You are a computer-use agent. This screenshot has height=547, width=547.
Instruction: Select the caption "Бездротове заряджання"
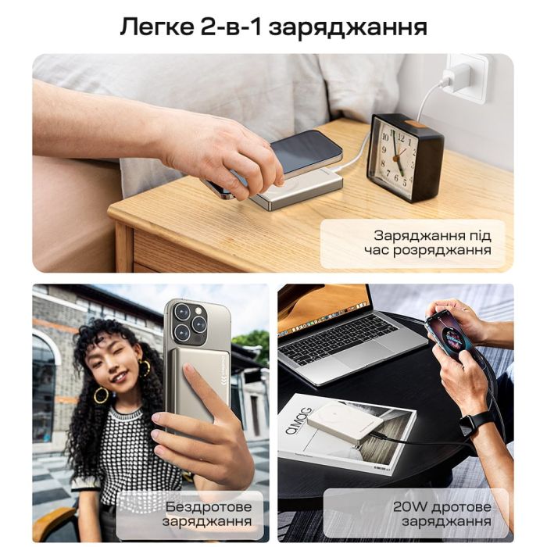click(x=207, y=513)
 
